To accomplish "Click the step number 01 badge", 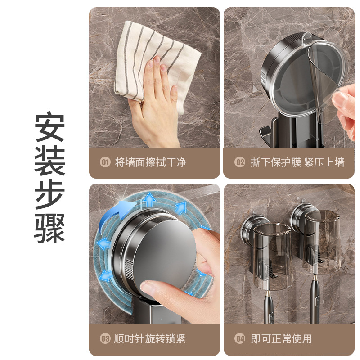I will click(x=105, y=162).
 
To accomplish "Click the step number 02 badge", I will click(x=240, y=162).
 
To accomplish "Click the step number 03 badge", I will click(x=105, y=339).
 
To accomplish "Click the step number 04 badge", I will click(x=240, y=339).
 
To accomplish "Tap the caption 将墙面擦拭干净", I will click(x=150, y=162).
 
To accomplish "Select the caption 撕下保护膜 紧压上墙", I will click(x=297, y=162).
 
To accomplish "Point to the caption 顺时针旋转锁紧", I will click(x=150, y=339).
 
